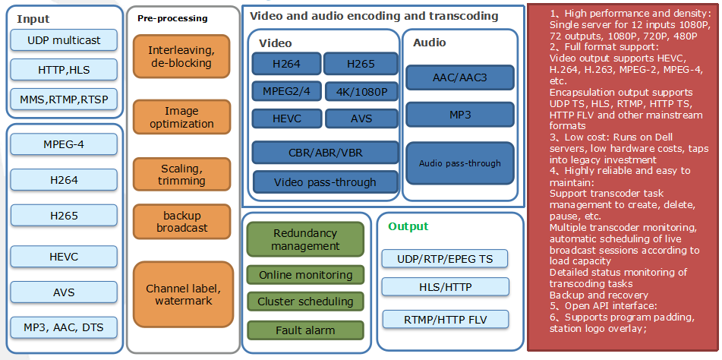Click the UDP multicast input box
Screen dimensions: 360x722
click(64, 40)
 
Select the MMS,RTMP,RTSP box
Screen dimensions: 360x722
click(64, 99)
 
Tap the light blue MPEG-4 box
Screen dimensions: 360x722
click(64, 144)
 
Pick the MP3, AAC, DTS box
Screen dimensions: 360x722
click(64, 327)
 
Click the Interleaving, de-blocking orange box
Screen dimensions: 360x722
click(181, 57)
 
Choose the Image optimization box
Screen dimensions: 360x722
click(181, 118)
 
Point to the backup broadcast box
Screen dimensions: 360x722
click(181, 222)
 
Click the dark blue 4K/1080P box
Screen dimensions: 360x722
click(361, 93)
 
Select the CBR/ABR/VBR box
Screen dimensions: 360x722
click(324, 152)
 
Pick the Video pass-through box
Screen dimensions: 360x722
click(324, 182)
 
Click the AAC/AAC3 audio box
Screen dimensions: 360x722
click(460, 77)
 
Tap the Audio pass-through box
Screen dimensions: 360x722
click(460, 163)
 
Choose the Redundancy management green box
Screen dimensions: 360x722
click(306, 239)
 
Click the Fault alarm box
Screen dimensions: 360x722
click(306, 330)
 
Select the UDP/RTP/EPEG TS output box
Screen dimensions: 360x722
click(444, 259)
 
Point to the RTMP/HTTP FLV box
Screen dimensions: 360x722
click(444, 318)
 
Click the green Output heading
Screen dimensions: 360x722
click(408, 226)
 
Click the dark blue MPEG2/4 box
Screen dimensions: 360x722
click(286, 93)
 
